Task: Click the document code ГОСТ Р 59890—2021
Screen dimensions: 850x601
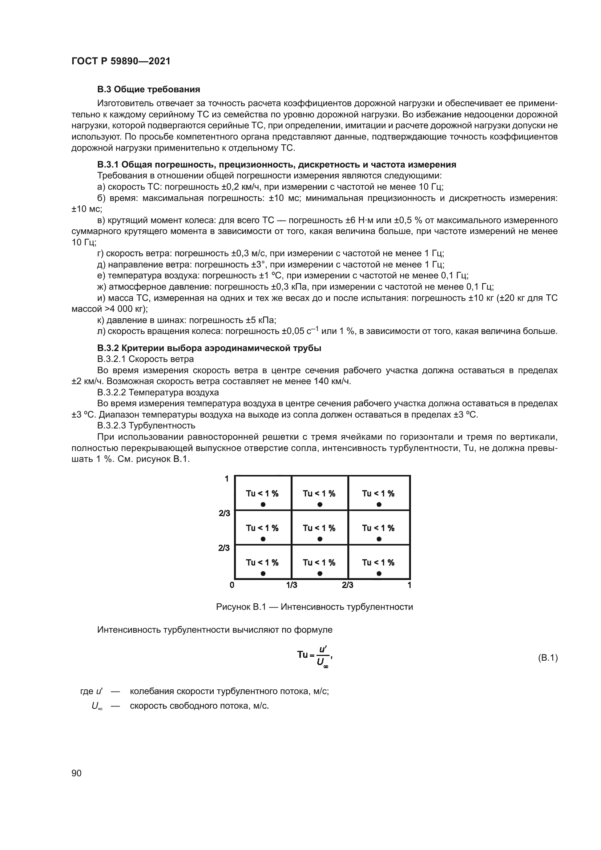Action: click(x=121, y=61)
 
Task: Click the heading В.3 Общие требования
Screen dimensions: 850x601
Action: click(x=148, y=89)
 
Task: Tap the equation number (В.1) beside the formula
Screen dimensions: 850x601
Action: click(x=547, y=658)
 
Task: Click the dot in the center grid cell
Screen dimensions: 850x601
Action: click(x=320, y=539)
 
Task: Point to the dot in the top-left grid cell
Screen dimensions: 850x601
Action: click(x=263, y=504)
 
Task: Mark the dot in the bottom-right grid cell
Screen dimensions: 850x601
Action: click(x=379, y=574)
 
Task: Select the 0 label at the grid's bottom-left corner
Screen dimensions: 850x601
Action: click(x=232, y=585)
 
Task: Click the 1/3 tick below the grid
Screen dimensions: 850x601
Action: click(x=292, y=585)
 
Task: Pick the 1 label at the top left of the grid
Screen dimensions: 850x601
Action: click(x=227, y=479)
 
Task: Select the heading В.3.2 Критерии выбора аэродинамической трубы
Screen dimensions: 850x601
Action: click(x=209, y=348)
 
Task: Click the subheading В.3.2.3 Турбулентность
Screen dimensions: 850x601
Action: click(x=146, y=426)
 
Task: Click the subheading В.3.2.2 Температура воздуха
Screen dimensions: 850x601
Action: click(x=158, y=392)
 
